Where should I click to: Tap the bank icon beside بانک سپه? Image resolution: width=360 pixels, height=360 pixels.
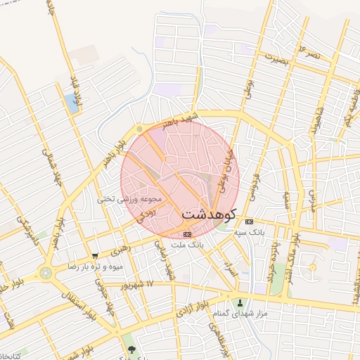pyautogui.click(x=249, y=221)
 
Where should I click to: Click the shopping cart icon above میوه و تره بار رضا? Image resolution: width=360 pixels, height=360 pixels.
pyautogui.click(x=95, y=256)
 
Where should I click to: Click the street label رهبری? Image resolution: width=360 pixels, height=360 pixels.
pyautogui.click(x=120, y=250)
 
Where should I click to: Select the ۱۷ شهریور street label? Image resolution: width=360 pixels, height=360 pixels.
pyautogui.click(x=136, y=284)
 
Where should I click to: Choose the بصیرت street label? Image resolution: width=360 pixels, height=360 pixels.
pyautogui.click(x=275, y=60)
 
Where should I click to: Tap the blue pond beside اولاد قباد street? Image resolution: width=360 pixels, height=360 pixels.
pyautogui.click(x=72, y=104)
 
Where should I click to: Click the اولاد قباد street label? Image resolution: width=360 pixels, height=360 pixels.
pyautogui.click(x=75, y=88)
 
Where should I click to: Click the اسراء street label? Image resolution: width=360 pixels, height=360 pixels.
pyautogui.click(x=229, y=268)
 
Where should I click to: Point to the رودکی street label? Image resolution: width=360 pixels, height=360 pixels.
pyautogui.click(x=140, y=214)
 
